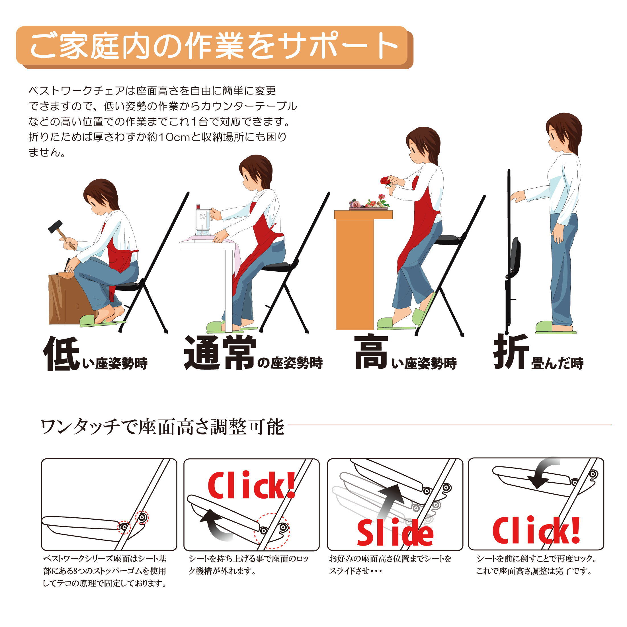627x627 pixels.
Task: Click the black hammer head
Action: tap(55, 226)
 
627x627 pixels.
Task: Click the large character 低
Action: tap(62, 354)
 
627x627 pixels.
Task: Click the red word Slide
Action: tap(395, 532)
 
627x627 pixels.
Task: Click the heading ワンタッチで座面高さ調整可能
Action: tap(163, 427)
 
